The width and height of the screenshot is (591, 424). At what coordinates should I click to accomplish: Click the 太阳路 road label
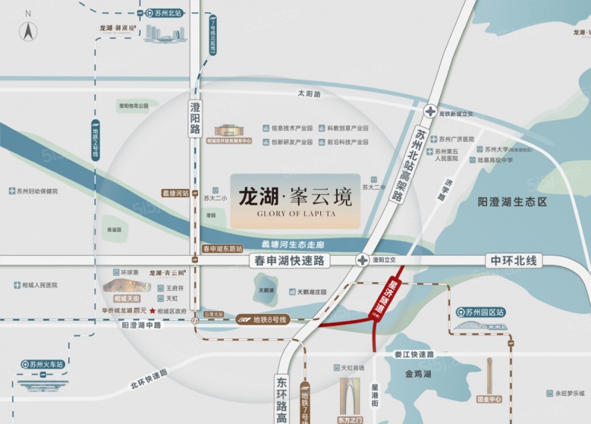(x=310, y=94)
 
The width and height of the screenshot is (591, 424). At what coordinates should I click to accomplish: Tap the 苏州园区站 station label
(x=489, y=312)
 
